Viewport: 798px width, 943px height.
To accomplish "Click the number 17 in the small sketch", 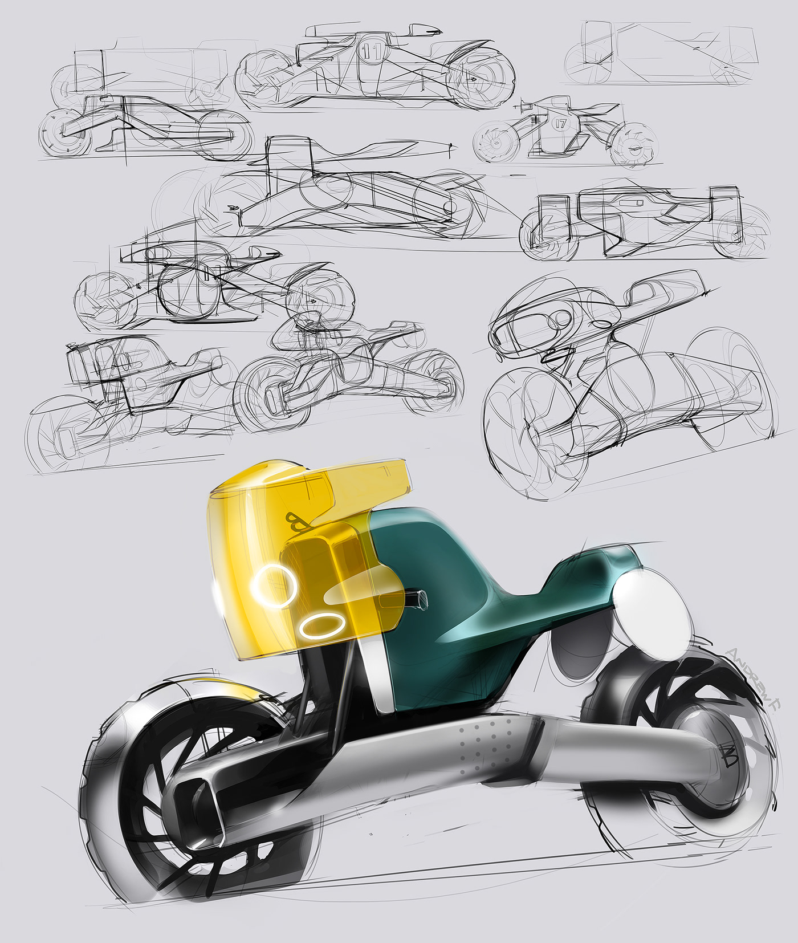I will click(560, 123).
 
